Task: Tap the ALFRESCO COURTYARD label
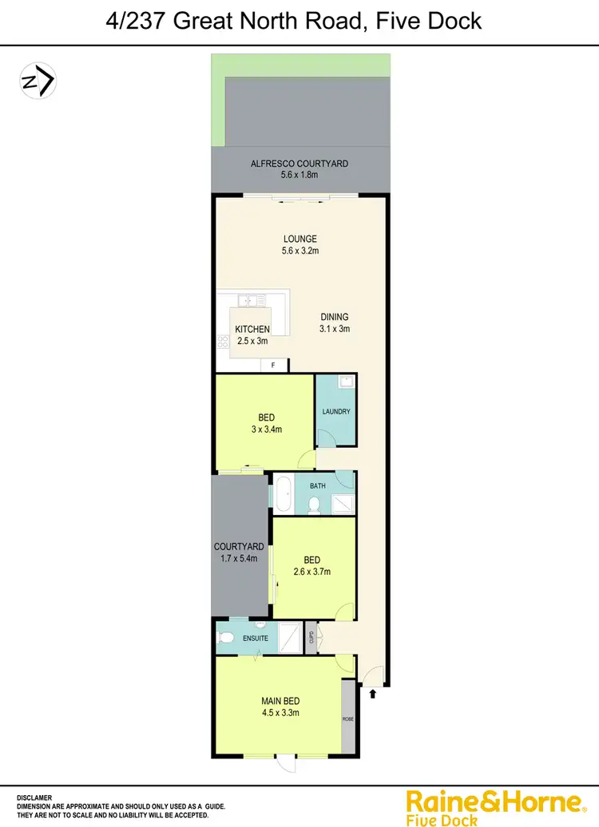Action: pyautogui.click(x=299, y=163)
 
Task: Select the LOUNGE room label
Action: pyautogui.click(x=300, y=239)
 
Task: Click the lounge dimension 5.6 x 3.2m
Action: pyautogui.click(x=300, y=251)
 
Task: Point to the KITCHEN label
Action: pyautogui.click(x=252, y=329)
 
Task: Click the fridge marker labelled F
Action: pyautogui.click(x=274, y=365)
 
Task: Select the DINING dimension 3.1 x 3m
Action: pyautogui.click(x=335, y=328)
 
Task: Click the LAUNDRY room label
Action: pyautogui.click(x=336, y=412)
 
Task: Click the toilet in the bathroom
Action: pyautogui.click(x=314, y=504)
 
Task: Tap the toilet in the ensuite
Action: pyautogui.click(x=227, y=638)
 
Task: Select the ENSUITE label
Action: pyautogui.click(x=256, y=638)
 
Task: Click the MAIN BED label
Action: pyautogui.click(x=280, y=702)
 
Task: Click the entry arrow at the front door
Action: pyautogui.click(x=373, y=694)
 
